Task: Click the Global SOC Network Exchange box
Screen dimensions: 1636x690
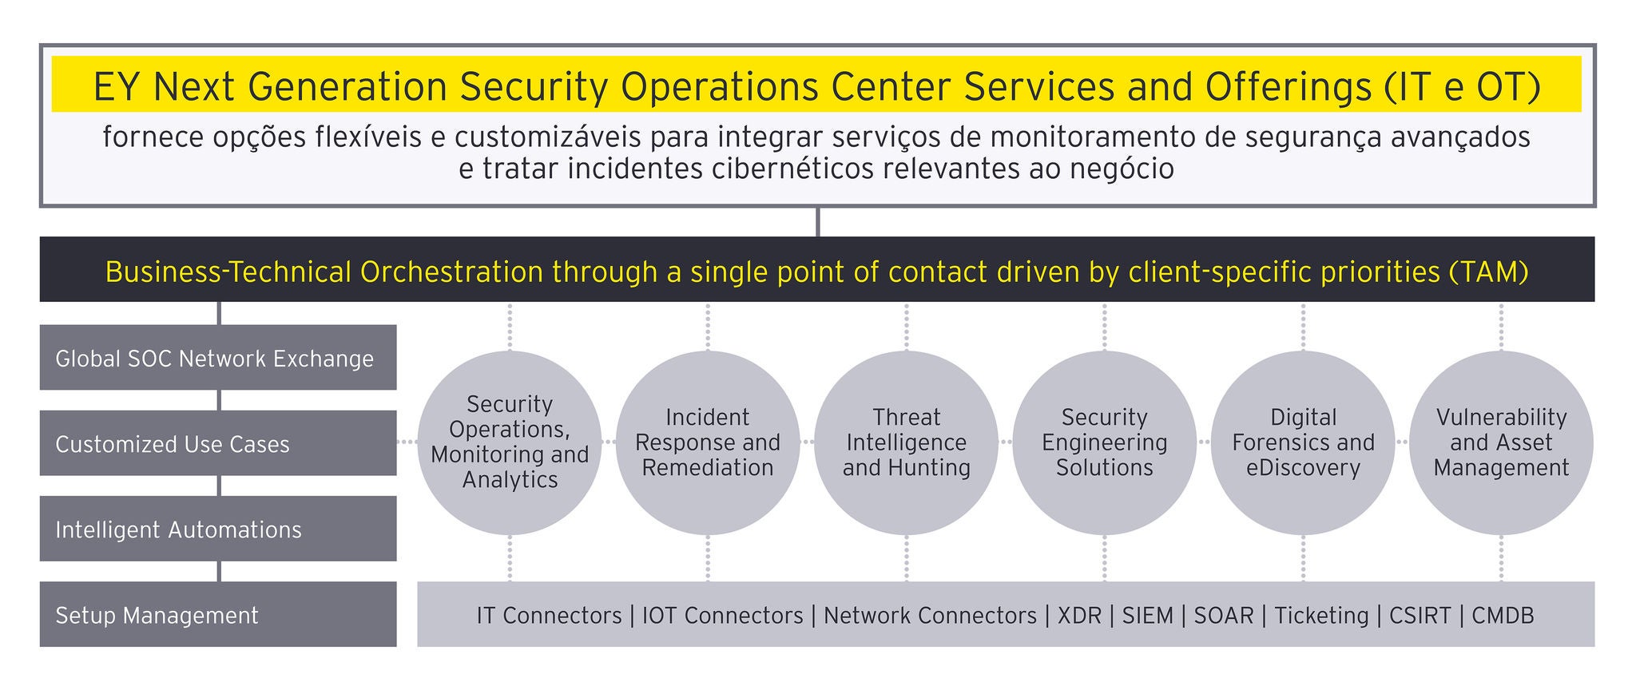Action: click(218, 357)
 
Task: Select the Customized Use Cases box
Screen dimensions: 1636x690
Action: click(218, 443)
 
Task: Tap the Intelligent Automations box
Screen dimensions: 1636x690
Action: click(218, 529)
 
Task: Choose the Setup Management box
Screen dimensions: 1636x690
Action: click(218, 614)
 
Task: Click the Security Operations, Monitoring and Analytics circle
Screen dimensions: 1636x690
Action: click(510, 442)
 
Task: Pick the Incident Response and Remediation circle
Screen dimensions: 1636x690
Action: click(708, 442)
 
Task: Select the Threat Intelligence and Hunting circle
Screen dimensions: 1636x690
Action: click(907, 442)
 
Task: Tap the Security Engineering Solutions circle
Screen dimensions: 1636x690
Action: click(1105, 442)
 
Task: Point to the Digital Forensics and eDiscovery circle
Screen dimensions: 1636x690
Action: click(1304, 442)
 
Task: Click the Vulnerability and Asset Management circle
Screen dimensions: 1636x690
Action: click(1502, 442)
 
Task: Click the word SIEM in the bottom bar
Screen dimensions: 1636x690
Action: click(1148, 616)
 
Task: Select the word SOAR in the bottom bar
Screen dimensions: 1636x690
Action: click(1224, 616)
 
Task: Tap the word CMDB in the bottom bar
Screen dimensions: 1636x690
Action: click(1503, 616)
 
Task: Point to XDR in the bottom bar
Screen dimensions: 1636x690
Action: click(1079, 616)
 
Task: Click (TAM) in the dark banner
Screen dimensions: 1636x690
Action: click(1488, 273)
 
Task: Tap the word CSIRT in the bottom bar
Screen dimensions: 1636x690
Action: click(1420, 616)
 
